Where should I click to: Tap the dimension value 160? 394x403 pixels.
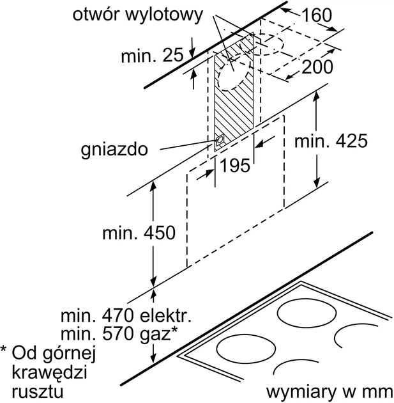[318, 15]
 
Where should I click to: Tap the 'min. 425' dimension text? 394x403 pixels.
[331, 141]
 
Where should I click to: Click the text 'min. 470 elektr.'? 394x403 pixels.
[125, 315]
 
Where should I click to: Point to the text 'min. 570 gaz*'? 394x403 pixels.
[119, 333]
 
